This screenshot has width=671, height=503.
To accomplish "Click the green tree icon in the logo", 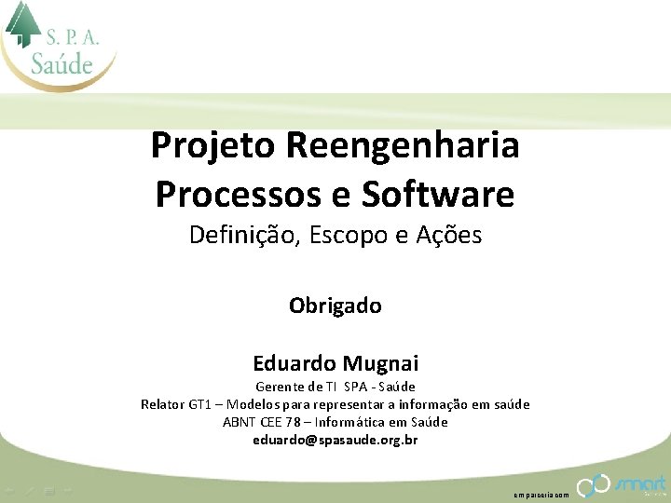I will click(22, 23).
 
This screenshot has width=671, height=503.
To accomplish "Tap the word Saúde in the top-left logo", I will click(62, 64).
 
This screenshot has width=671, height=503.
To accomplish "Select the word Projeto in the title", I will click(213, 146).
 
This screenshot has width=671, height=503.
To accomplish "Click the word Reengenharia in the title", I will click(403, 146).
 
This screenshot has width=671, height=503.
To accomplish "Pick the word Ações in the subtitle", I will click(451, 235).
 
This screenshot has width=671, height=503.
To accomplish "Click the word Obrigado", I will click(335, 306).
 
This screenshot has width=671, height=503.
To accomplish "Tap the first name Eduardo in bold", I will click(294, 362).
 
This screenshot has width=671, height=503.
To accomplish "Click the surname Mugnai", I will click(380, 362).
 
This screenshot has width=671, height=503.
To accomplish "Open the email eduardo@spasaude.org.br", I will click(335, 440).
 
